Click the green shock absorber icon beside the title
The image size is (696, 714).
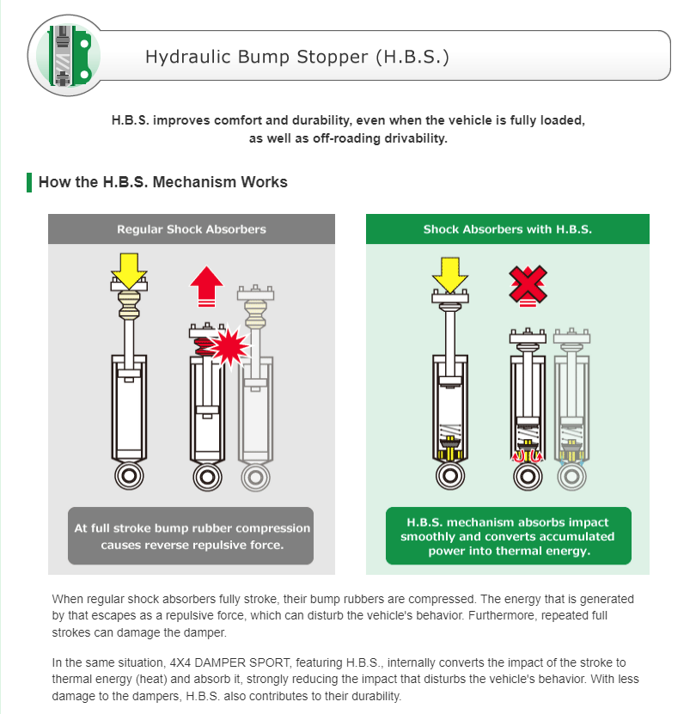(70, 56)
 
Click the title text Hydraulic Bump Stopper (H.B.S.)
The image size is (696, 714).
(297, 57)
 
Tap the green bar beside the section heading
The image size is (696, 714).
(29, 182)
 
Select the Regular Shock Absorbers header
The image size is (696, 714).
(192, 229)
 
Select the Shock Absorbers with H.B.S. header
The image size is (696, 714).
(508, 229)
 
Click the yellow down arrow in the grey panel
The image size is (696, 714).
(130, 271)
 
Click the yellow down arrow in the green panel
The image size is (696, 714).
(450, 275)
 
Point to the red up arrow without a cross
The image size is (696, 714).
(207, 286)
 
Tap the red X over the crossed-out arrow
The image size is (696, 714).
(528, 284)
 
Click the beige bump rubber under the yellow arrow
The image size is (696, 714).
(130, 305)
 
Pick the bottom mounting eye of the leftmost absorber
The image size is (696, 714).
(130, 476)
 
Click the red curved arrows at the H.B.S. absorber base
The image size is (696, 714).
(528, 456)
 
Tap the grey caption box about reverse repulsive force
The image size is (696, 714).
(191, 536)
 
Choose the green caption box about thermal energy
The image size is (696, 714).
(509, 536)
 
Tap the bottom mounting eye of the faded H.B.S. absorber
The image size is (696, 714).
(571, 477)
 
